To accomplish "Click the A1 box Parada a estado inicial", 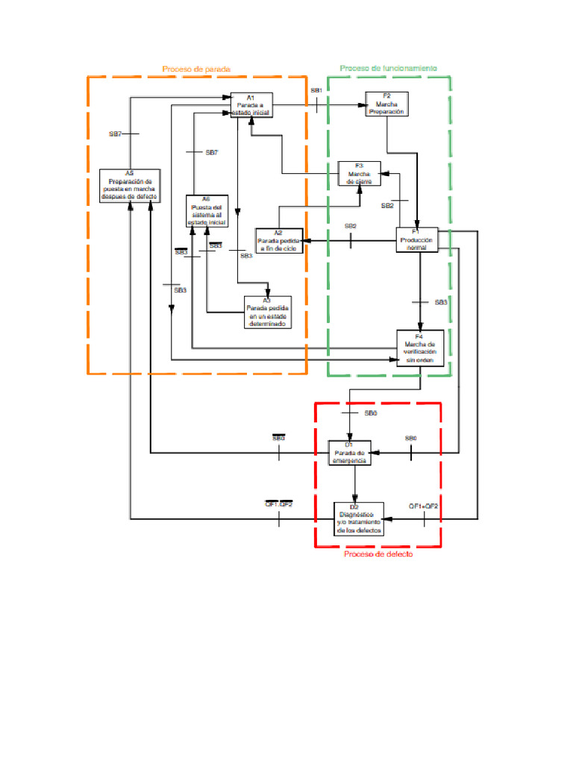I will (x=251, y=105).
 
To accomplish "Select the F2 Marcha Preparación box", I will (x=386, y=104).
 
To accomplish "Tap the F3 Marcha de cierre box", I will (x=359, y=173).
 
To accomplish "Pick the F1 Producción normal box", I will (x=416, y=239).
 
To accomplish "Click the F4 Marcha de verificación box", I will (x=421, y=348).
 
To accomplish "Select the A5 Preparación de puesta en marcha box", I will (x=130, y=185).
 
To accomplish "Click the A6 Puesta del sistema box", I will (x=207, y=210).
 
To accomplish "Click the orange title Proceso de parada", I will (x=196, y=69).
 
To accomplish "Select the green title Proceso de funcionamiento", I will (x=389, y=68).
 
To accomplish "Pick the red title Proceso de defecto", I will (x=378, y=554).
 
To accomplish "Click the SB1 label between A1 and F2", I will (x=316, y=90).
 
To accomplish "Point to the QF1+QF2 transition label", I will (x=423, y=506).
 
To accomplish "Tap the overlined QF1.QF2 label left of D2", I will (x=279, y=504).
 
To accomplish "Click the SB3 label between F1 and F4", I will (x=441, y=302).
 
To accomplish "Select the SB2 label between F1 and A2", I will (x=350, y=226).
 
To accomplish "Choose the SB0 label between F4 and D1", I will (x=371, y=413).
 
